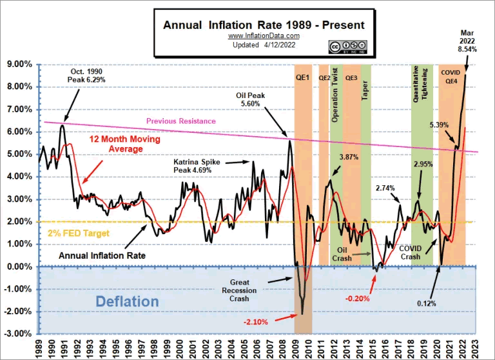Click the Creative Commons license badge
click(347, 46)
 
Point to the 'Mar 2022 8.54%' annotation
click(468, 40)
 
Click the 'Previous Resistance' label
click(180, 121)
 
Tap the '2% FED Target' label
click(79, 233)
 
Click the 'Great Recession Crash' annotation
click(244, 290)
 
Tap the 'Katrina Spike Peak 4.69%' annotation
click(198, 166)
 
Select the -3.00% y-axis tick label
click(20, 334)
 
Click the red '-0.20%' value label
click(356, 298)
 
